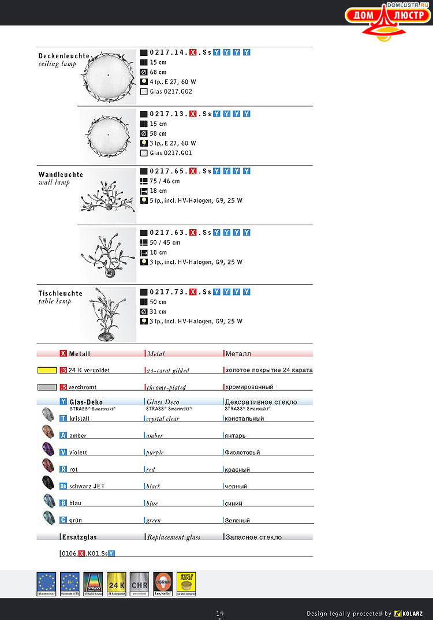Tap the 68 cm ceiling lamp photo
tap(108, 76)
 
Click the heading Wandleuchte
tap(61, 174)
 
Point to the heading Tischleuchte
tap(61, 293)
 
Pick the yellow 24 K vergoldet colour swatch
tap(47, 370)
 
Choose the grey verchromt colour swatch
tap(47, 387)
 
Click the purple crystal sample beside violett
tap(47, 449)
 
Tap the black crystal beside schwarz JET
tap(47, 483)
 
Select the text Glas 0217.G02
tap(171, 91)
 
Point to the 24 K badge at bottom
tap(116, 584)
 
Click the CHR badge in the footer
tap(139, 584)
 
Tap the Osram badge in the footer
tap(163, 584)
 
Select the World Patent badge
tap(186, 584)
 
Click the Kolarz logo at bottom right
tap(408, 613)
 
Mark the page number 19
tap(220, 614)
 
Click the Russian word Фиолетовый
tap(242, 453)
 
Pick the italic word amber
tap(155, 436)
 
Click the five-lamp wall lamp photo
tap(108, 196)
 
